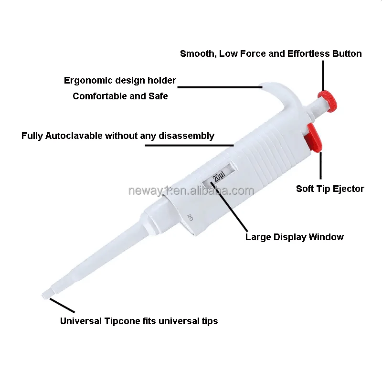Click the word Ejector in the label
pos(348,189)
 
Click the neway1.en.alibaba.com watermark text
pos(191,191)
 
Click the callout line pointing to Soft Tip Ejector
pos(321,165)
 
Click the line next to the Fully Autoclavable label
pos(189,145)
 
